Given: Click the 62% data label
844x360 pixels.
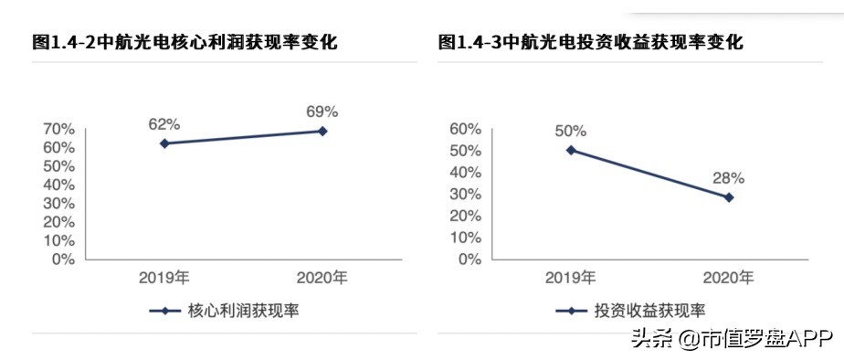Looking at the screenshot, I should [x=164, y=123].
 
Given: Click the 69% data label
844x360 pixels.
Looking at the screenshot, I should [x=322, y=111].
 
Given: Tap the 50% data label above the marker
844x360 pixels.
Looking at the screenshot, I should [x=571, y=130].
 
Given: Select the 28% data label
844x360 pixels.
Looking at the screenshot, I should [x=729, y=177].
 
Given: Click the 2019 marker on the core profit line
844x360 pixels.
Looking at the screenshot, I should [x=164, y=143].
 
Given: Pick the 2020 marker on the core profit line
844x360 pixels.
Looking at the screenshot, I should [x=322, y=131].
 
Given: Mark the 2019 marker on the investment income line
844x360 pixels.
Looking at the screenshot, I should [x=571, y=150].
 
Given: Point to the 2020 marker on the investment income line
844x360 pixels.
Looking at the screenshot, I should [x=729, y=197].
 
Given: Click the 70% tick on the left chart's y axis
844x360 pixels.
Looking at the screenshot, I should [x=58, y=130].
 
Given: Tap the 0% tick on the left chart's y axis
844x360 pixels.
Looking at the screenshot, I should [x=62, y=259].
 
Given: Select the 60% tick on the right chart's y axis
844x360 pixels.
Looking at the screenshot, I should [x=464, y=129].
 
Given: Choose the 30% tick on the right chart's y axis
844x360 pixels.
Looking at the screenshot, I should [x=464, y=194].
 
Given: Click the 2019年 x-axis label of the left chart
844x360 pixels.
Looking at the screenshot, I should [x=164, y=277].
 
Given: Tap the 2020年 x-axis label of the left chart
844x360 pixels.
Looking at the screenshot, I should [x=322, y=277].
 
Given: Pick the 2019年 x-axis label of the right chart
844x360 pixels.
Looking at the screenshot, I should [x=571, y=277].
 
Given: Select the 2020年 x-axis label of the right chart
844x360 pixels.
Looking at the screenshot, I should [x=729, y=277].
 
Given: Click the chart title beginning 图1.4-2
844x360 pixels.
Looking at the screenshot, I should [x=179, y=41].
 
